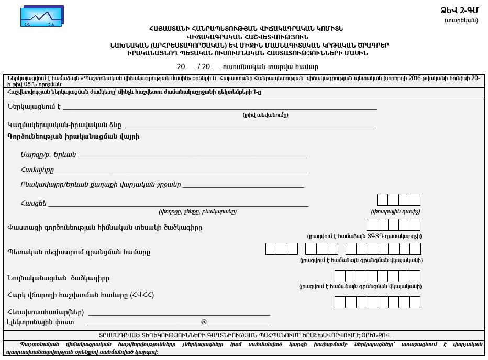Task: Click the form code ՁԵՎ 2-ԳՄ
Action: point(459,10)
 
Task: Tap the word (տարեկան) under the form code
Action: point(461,21)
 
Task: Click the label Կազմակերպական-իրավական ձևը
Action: point(64,125)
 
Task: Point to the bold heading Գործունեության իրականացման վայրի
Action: point(74,137)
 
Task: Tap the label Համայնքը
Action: point(37,170)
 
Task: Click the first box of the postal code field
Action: point(382,199)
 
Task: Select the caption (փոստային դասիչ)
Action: point(395,212)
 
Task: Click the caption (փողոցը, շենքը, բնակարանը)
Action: point(197,212)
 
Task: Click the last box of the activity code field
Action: point(415,225)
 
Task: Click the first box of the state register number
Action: point(271,249)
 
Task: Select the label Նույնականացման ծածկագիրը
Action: point(59,278)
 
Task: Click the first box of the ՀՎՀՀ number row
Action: point(340,302)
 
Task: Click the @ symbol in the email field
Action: point(204,322)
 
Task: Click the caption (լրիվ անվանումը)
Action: point(265,115)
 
